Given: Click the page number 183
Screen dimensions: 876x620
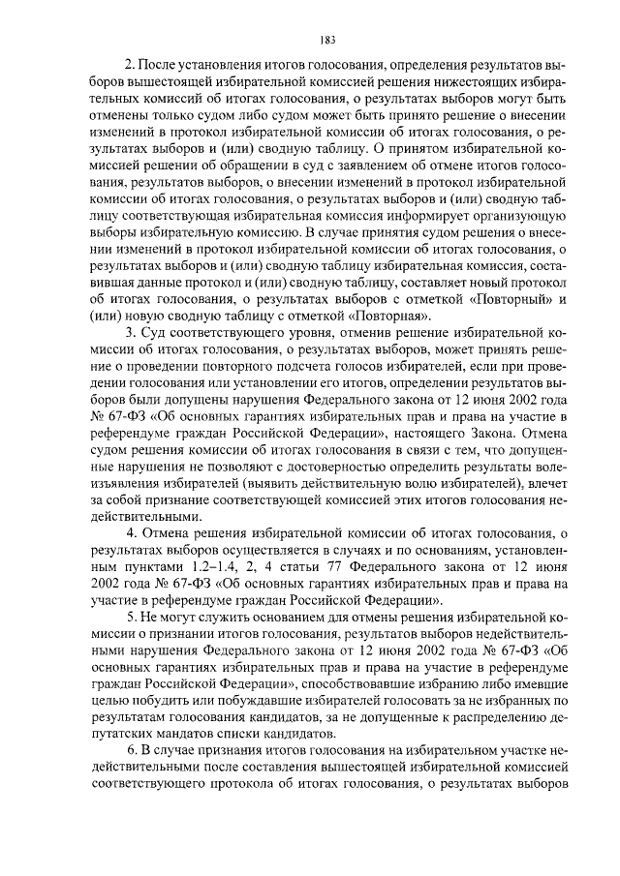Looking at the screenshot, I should (x=326, y=40).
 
